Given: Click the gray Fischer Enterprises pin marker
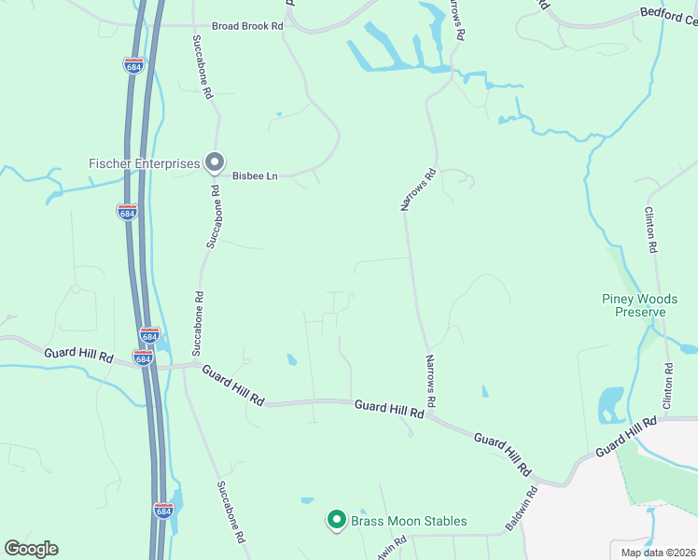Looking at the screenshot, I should coord(215,163).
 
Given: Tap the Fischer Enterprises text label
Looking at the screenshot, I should coord(145,163).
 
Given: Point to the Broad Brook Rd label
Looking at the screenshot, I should coord(246,26).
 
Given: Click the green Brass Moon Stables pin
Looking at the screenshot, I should coord(336,520).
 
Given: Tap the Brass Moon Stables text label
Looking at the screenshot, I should coord(408,521).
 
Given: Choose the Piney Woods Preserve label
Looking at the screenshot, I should coord(639,305).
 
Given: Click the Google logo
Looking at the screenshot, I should coord(31,549).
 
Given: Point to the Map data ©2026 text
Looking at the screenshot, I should coord(658,553).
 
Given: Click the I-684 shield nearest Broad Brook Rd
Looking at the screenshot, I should coord(133,64).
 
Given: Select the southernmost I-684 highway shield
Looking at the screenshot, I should coord(163,511).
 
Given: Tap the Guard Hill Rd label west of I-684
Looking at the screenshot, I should coord(78,355).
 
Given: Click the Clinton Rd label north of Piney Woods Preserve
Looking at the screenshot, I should coord(651,231).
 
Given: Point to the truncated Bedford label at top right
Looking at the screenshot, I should coord(668,14).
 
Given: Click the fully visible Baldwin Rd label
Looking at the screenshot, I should coord(521,509).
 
